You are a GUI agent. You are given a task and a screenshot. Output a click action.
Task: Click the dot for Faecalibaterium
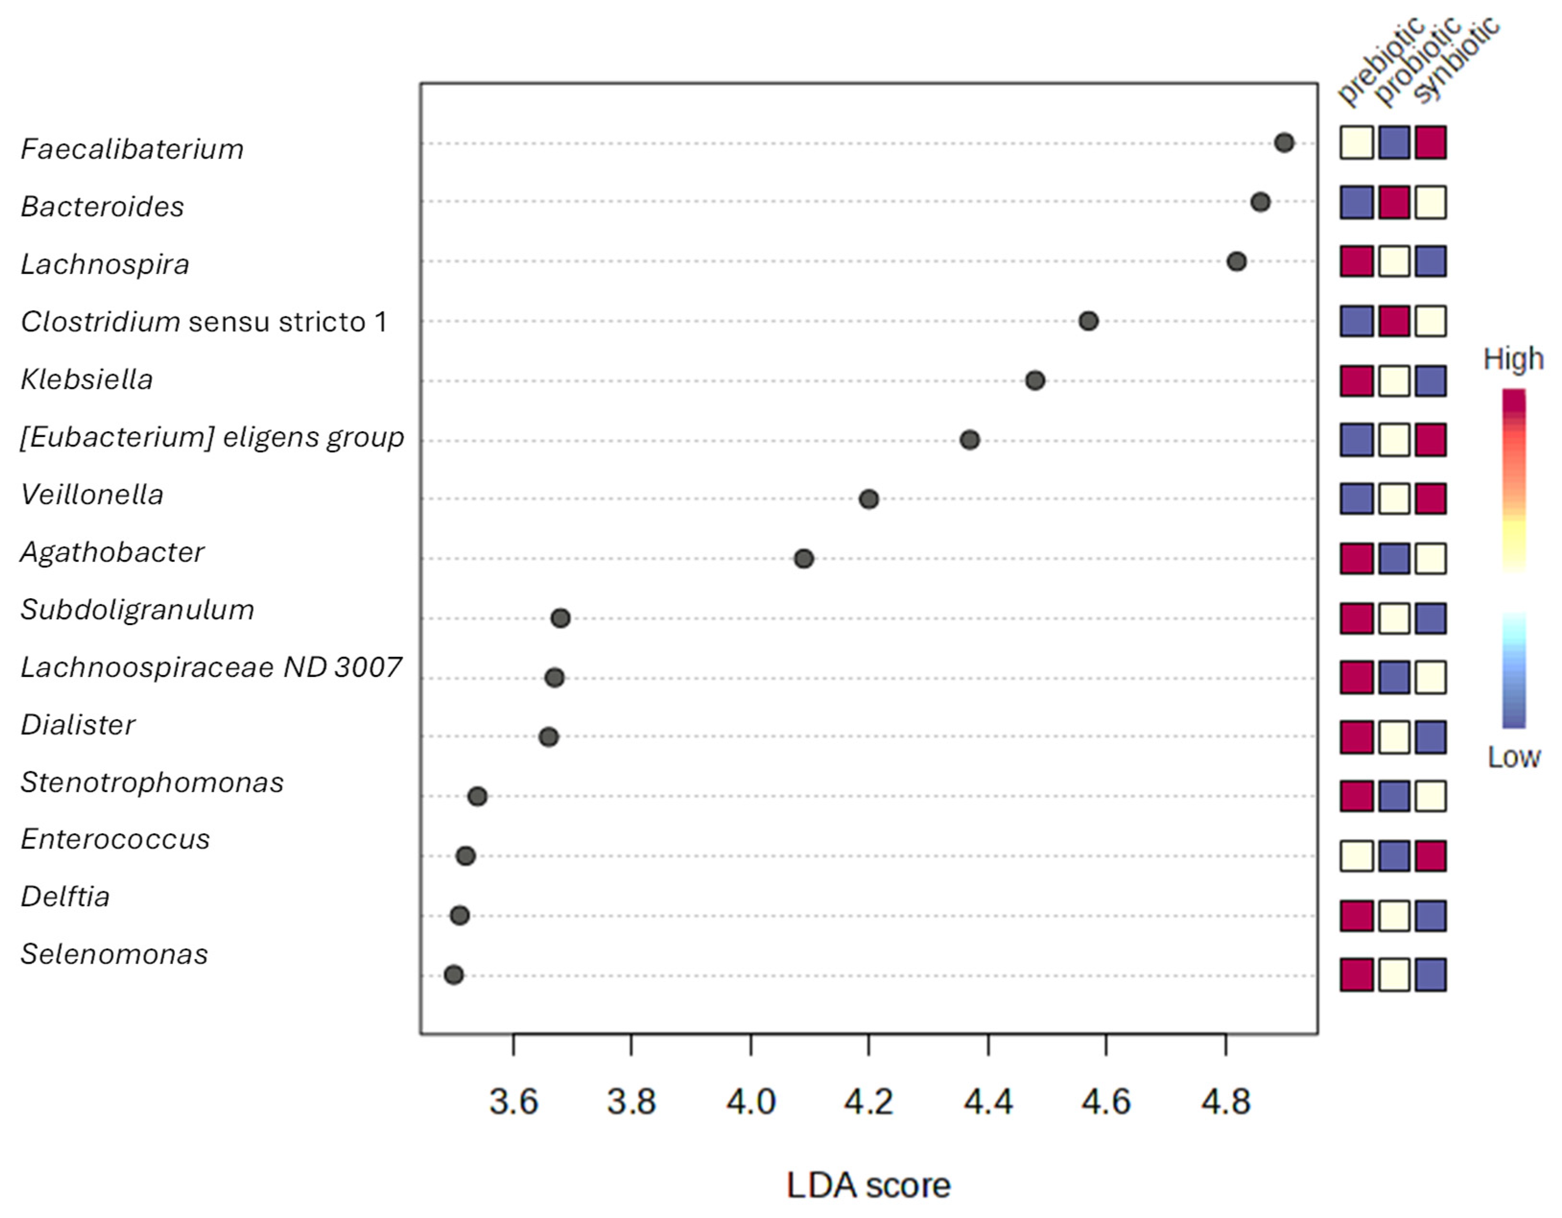pos(1284,143)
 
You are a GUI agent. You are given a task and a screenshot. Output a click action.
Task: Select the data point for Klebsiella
pos(1035,380)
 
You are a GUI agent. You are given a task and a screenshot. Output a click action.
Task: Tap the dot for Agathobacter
pos(804,558)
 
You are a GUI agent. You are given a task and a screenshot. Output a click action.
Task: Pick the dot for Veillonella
pos(869,499)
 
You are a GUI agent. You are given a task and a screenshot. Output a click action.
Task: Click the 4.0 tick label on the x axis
pos(751,1102)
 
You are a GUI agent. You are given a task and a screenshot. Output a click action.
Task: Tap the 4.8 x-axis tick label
pos(1226,1102)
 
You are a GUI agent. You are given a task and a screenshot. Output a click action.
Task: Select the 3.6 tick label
pos(514,1102)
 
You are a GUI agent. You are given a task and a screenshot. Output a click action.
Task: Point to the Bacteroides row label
pos(102,207)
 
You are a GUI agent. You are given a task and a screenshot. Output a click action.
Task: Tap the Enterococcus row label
pos(115,839)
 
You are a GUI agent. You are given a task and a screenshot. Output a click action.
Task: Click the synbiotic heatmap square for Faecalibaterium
pos(1431,142)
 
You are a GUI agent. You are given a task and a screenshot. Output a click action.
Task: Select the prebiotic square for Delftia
pos(1357,915)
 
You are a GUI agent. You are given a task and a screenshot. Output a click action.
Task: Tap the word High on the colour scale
pos(1514,359)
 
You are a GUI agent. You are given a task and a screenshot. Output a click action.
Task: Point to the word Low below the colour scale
pos(1514,757)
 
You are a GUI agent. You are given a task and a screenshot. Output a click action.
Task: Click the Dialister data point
pos(549,737)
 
